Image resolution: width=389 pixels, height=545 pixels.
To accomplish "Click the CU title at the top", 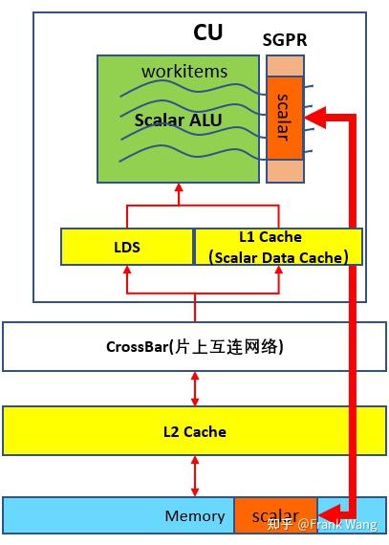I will pyautogui.click(x=207, y=32).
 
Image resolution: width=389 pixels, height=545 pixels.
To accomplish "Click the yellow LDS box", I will pyautogui.click(x=126, y=247).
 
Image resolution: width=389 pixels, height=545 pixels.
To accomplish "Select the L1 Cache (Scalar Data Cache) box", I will pyautogui.click(x=279, y=247).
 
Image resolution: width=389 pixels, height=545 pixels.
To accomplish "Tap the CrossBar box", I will pyautogui.click(x=194, y=346).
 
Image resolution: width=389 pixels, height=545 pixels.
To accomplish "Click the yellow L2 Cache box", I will pyautogui.click(x=194, y=431).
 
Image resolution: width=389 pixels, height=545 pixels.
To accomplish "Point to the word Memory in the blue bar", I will pyautogui.click(x=195, y=516).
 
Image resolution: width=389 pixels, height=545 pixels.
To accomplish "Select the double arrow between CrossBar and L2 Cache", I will pyautogui.click(x=195, y=388).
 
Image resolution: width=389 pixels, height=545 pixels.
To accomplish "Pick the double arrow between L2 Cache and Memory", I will pyautogui.click(x=195, y=475).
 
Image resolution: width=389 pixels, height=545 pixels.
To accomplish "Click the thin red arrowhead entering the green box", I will pyautogui.click(x=178, y=190).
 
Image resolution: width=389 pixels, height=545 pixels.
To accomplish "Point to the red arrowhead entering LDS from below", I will pyautogui.click(x=127, y=272).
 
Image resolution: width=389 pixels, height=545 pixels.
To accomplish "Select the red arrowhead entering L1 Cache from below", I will pyautogui.click(x=279, y=272).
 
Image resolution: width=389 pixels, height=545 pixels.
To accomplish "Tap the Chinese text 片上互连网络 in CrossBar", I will pyautogui.click(x=239, y=346).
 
